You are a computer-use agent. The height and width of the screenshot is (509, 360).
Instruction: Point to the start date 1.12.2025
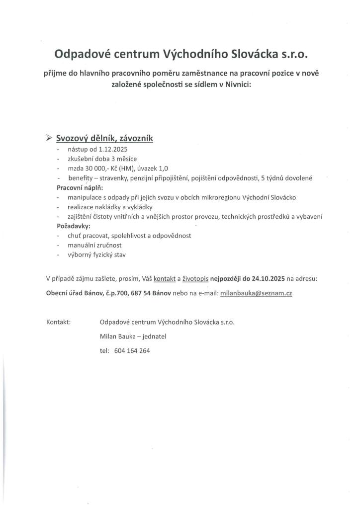pos(114,149)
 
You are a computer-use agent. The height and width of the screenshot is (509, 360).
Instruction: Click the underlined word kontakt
pos(165,279)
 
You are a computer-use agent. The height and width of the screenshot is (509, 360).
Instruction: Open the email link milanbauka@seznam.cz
pos(256,293)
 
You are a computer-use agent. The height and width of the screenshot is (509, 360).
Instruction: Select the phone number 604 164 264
pos(132,350)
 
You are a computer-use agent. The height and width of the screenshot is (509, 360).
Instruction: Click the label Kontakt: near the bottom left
pos(58,322)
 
